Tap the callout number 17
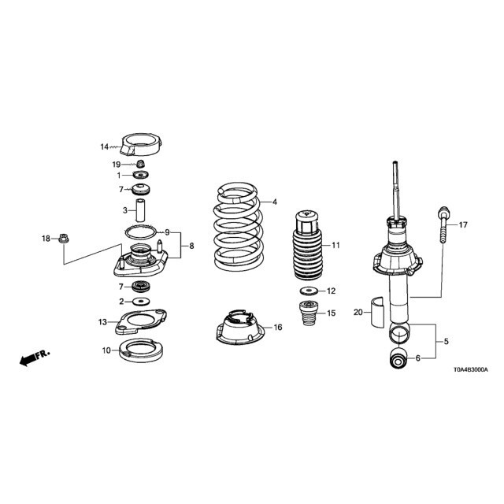(x=463, y=224)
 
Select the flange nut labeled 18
(x=64, y=239)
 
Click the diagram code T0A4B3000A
(x=471, y=369)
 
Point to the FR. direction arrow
(x=35, y=358)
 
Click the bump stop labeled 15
(x=308, y=313)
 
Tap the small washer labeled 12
(x=309, y=291)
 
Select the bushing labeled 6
(x=398, y=359)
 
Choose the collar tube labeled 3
(x=140, y=210)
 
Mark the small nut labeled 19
(x=140, y=164)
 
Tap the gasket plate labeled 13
(x=141, y=322)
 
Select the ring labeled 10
(x=141, y=350)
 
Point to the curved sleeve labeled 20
(x=377, y=312)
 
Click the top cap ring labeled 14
(x=141, y=144)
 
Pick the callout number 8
(x=191, y=246)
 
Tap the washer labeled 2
(x=141, y=302)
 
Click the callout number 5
(x=447, y=341)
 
